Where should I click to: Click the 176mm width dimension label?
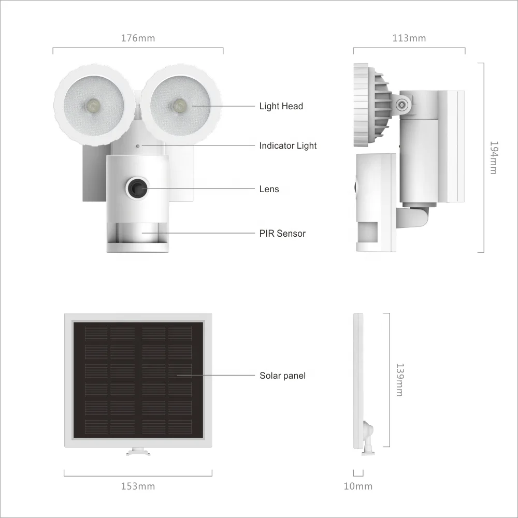coord(138,38)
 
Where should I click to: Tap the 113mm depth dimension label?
coord(409,38)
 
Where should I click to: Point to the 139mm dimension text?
coord(399,380)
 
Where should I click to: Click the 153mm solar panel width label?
coord(138,486)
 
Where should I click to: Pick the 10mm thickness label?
coord(358,486)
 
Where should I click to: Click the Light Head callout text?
coord(281,106)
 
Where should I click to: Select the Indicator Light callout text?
coord(287,146)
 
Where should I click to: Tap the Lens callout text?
coord(269,189)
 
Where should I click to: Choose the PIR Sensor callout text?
coord(282,234)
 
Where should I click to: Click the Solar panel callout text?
coord(282,376)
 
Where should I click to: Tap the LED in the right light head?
coord(179,105)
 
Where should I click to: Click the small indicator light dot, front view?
coord(138,146)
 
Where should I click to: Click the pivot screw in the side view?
coord(401,105)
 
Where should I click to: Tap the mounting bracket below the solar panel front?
coord(138,452)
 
